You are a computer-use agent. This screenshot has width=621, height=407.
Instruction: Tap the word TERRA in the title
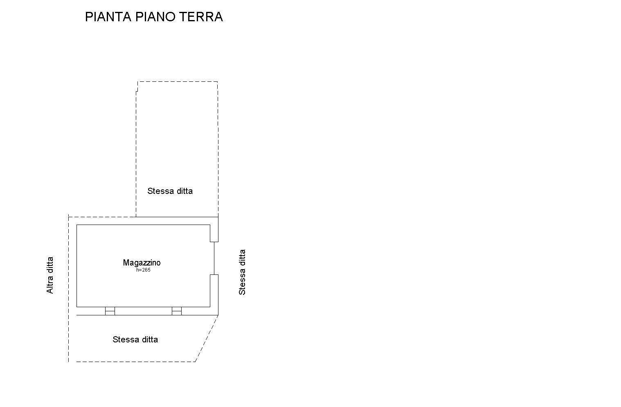click(201, 17)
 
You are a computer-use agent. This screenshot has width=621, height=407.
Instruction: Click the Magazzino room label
click(142, 263)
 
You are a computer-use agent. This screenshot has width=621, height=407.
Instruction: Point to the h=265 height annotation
click(143, 270)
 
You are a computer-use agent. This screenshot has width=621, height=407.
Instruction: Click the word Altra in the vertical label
click(50, 285)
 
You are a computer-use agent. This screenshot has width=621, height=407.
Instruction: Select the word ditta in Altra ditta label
click(50, 265)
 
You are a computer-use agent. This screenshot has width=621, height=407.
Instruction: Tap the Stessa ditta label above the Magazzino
click(170, 191)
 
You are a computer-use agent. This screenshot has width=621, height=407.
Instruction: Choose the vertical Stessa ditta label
click(242, 272)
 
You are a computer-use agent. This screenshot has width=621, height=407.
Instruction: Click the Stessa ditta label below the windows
click(135, 340)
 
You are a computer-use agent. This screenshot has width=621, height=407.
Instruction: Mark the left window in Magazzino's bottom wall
click(110, 311)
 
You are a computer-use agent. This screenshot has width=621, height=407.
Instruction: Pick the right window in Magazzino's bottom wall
click(176, 311)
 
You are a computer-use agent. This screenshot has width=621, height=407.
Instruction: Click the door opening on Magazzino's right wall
click(214, 258)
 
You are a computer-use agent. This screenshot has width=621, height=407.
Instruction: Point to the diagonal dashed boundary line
click(207, 338)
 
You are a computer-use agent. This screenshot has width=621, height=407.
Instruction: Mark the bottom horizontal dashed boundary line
click(135, 362)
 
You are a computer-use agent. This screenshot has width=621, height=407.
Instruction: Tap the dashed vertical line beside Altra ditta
click(68, 286)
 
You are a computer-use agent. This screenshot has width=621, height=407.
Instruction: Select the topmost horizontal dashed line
click(178, 81)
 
